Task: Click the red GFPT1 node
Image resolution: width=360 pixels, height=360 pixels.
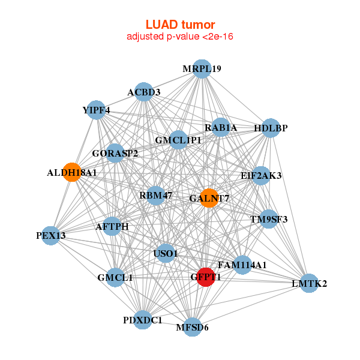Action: [205, 277]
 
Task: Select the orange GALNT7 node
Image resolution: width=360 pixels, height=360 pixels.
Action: [208, 198]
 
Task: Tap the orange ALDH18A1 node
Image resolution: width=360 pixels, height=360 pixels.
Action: [72, 172]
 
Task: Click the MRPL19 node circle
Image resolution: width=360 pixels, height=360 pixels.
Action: [202, 68]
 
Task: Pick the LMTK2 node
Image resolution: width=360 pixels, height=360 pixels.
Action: [308, 283]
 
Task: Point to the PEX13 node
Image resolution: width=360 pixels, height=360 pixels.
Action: [50, 236]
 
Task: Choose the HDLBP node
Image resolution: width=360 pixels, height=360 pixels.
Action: [271, 128]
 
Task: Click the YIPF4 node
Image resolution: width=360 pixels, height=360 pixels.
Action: [96, 110]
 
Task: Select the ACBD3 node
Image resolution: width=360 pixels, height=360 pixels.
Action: [143, 92]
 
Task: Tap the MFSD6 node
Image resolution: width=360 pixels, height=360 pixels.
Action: [192, 327]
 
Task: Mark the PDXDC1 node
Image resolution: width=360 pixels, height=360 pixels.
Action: [143, 320]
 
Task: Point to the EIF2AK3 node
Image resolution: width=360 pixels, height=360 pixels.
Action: [260, 176]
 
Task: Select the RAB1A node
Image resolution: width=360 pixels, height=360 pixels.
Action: [221, 127]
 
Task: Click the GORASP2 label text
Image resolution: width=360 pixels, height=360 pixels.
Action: [115, 154]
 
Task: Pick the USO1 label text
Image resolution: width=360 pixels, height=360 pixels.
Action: [166, 254]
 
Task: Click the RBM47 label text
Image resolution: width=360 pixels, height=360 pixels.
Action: [155, 195]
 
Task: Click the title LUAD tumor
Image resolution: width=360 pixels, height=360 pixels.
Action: [180, 25]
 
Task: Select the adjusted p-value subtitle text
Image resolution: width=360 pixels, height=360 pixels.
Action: [180, 37]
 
